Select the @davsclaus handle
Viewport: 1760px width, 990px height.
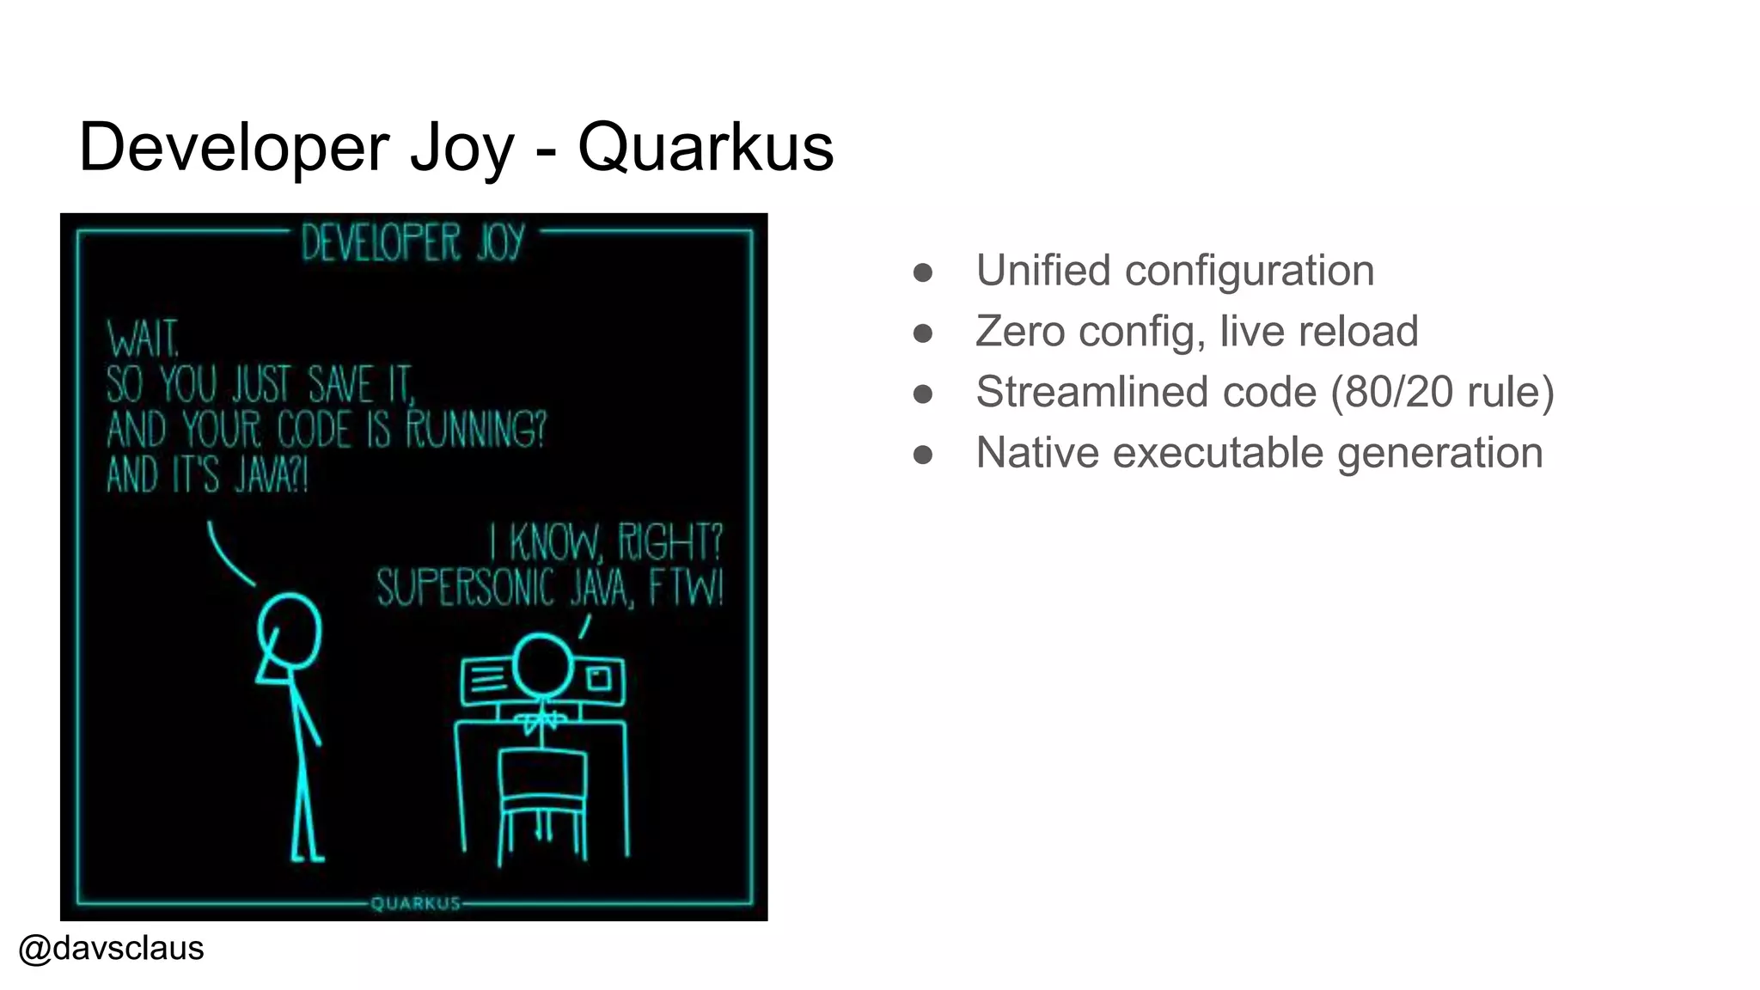(111, 948)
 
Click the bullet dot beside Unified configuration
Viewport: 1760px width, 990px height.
(923, 272)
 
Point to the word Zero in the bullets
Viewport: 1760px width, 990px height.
(1020, 332)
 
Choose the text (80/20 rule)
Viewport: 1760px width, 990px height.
(1442, 392)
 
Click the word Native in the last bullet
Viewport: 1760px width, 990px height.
(1037, 453)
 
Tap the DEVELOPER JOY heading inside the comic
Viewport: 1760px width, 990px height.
(412, 242)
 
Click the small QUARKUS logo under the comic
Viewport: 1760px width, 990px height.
(416, 903)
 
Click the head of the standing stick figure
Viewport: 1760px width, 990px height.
(290, 630)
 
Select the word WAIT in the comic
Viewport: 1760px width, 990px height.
(143, 339)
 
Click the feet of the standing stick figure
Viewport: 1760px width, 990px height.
(307, 855)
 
